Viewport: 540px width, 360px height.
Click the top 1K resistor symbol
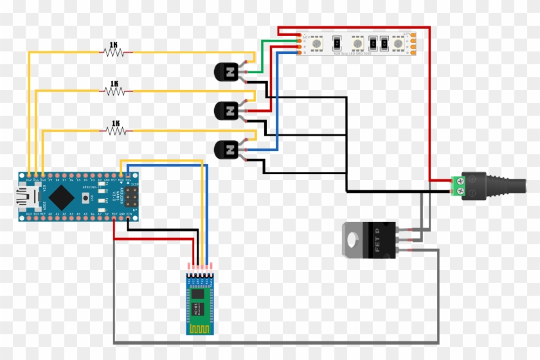[114, 53]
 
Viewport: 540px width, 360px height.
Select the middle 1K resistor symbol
[115, 92]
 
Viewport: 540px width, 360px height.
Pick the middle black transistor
[226, 111]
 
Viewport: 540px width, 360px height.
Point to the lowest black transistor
[226, 150]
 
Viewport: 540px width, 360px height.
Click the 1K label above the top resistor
[114, 45]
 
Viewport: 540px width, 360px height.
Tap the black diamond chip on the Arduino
[60, 195]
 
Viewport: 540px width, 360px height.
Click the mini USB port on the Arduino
[26, 195]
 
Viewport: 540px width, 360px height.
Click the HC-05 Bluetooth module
[200, 301]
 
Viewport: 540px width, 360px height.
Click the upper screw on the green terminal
[459, 180]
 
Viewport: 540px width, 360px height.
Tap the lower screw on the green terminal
[459, 190]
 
